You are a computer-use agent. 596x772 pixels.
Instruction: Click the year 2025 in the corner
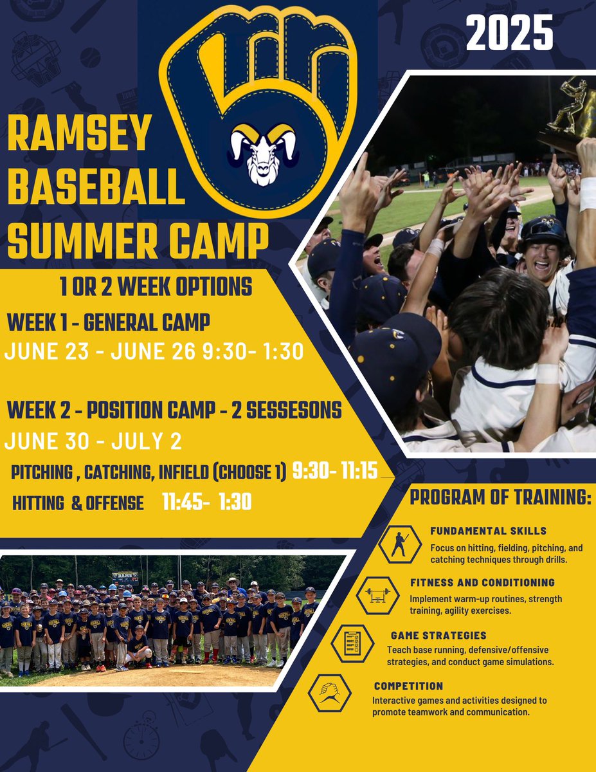[x=509, y=33]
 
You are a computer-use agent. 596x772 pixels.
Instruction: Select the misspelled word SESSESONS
[x=287, y=410]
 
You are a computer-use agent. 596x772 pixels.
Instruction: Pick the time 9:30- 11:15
[x=335, y=472]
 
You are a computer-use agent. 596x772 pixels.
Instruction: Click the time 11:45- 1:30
[x=206, y=502]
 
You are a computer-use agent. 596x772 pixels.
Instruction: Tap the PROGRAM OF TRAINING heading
[x=500, y=499]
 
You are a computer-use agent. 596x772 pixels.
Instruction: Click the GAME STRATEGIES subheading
[x=438, y=636]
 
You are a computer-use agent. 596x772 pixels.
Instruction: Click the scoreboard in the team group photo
[x=124, y=577]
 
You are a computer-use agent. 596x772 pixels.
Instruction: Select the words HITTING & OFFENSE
[x=78, y=503]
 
